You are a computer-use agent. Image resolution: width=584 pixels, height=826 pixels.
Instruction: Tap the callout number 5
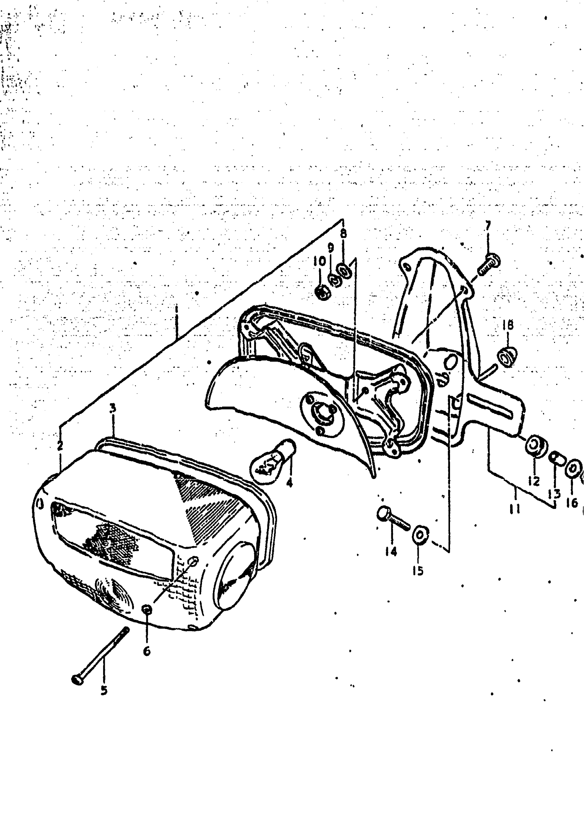[104, 690]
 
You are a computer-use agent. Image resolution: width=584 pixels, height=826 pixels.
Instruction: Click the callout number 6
[147, 651]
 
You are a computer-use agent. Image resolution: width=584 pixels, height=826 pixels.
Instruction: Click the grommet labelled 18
[507, 357]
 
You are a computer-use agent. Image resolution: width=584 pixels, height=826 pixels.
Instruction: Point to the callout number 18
[508, 325]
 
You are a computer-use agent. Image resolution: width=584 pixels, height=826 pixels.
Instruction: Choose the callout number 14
[391, 551]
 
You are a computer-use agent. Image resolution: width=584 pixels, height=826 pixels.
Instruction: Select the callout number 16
[572, 502]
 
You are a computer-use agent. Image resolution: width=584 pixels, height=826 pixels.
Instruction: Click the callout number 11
[515, 509]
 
